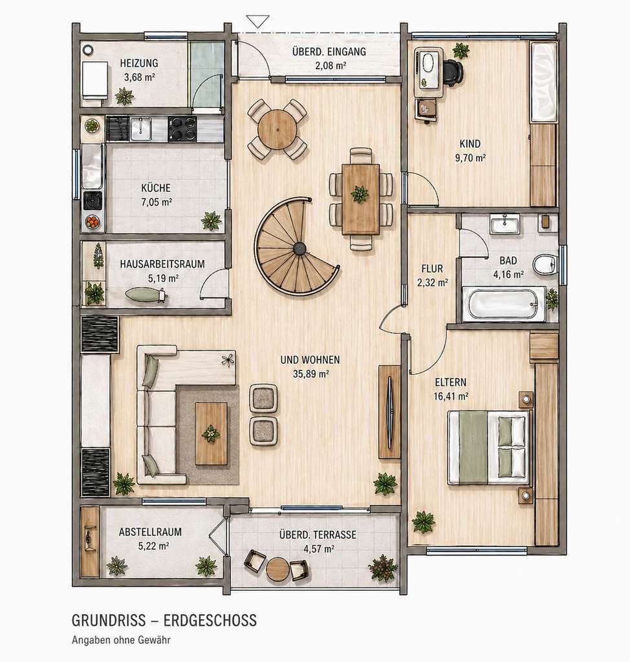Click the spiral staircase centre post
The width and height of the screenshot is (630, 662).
[x=299, y=249]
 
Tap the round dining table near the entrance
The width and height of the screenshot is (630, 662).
[x=277, y=129]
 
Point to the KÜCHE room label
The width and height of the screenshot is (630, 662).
[x=156, y=188]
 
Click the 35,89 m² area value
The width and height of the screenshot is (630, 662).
[x=310, y=374]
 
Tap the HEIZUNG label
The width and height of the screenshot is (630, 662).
[x=139, y=63]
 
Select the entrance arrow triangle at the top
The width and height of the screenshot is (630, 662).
[x=257, y=21]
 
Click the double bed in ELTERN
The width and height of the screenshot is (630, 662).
[x=488, y=447]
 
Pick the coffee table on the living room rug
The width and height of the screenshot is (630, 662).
[x=211, y=434]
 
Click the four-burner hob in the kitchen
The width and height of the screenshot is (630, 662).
[x=182, y=129]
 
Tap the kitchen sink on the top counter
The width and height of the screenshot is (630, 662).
[x=141, y=129]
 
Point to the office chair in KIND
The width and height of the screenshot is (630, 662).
[x=453, y=73]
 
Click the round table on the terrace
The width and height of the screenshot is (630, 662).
[x=277, y=569]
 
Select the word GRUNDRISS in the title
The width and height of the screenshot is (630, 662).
[x=109, y=620]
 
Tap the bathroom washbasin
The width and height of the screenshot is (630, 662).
[x=505, y=223]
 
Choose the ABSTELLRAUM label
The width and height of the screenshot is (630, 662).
[x=150, y=532]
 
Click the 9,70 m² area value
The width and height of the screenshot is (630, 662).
[x=470, y=158]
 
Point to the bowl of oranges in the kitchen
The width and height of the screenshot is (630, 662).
[x=92, y=222]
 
